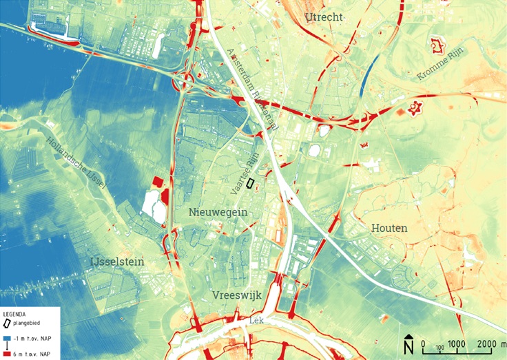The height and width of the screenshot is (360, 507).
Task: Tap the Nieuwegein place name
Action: point(218,213)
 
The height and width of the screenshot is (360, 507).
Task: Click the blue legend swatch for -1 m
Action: point(6,338)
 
